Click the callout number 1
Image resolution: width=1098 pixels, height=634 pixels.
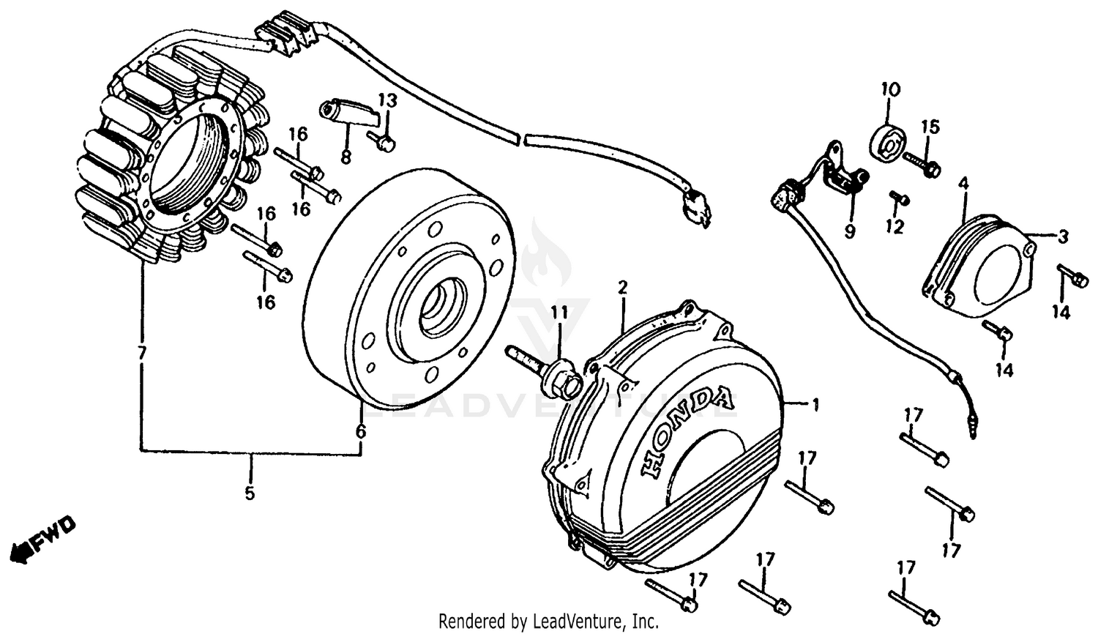(815, 405)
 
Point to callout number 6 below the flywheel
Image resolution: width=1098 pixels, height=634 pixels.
(360, 431)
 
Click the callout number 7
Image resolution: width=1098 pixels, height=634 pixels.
(142, 353)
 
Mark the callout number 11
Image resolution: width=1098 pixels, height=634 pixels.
(559, 313)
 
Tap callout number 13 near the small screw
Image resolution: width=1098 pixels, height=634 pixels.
(387, 100)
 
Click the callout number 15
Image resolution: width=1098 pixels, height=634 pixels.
(929, 126)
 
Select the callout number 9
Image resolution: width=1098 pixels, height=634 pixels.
(849, 231)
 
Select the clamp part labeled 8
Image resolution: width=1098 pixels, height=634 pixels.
(350, 113)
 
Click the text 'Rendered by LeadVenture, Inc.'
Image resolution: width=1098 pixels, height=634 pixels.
(548, 622)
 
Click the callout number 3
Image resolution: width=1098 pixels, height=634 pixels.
(1063, 236)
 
